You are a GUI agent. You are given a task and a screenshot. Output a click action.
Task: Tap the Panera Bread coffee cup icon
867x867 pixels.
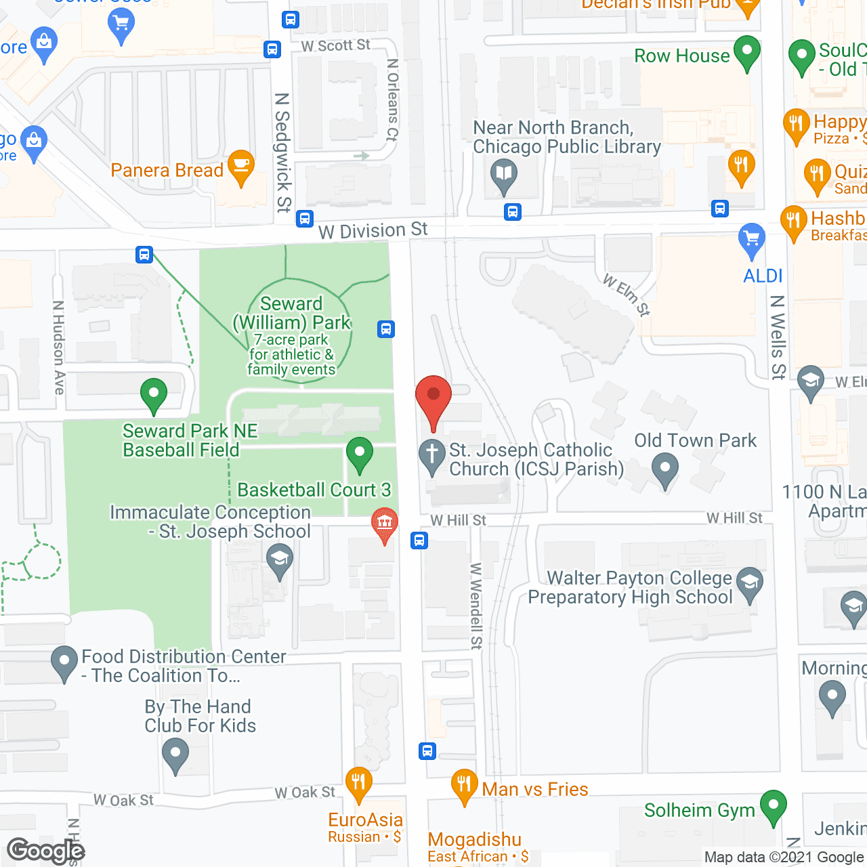point(240,167)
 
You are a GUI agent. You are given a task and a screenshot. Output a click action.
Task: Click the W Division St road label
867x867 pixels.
point(373,230)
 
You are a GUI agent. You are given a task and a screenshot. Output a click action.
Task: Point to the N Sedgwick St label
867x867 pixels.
point(282,152)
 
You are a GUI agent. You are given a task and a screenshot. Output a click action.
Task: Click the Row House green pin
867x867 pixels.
point(747,53)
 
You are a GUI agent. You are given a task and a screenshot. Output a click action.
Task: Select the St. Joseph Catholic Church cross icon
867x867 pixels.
point(431,456)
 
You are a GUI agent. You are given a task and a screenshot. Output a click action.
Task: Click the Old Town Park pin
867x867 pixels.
point(664,469)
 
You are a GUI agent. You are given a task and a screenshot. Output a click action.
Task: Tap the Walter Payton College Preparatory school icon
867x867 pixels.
point(749,584)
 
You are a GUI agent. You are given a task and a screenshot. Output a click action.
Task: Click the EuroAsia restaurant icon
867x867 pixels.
point(358,784)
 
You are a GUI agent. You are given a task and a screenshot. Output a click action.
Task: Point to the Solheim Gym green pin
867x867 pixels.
point(773,807)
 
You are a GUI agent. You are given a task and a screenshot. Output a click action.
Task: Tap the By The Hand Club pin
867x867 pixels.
point(175,754)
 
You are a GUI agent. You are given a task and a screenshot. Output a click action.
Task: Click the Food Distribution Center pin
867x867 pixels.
point(64,662)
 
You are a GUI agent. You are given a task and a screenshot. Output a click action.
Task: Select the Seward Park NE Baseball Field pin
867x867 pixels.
point(154,394)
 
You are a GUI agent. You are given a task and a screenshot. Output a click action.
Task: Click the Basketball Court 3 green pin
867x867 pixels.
point(360,453)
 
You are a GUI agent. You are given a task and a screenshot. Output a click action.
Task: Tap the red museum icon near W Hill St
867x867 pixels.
point(385,524)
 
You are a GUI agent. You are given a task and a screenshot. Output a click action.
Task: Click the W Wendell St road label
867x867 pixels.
point(475,606)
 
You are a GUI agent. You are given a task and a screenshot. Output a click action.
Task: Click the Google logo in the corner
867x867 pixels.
point(45,851)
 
